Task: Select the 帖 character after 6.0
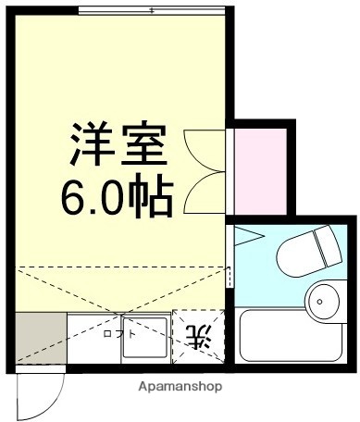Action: (150, 195)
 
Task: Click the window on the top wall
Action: (152, 10)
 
